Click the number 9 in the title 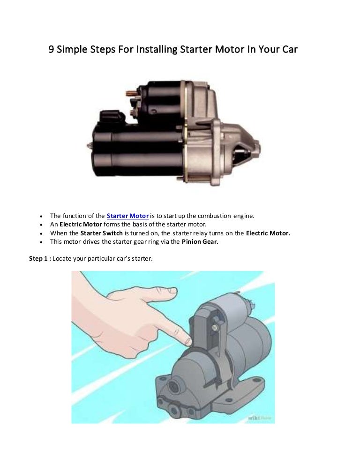point(52,49)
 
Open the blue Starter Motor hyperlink point(127,216)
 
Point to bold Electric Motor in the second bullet point(81,224)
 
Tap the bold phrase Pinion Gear point(200,242)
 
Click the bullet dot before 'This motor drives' point(42,242)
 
